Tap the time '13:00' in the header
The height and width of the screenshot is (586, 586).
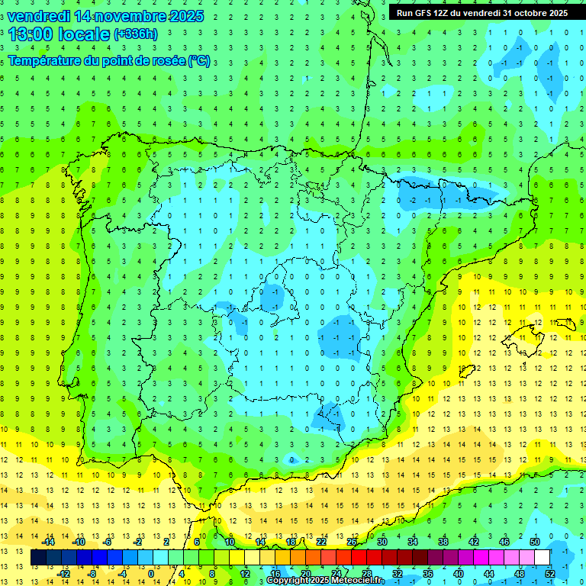click(32, 34)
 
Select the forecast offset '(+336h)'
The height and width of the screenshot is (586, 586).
click(135, 34)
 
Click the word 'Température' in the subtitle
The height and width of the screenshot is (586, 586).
click(45, 60)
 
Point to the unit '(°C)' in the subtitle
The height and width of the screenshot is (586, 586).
click(198, 60)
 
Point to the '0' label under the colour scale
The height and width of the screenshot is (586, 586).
click(150, 574)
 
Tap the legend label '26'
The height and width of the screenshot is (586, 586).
click(352, 541)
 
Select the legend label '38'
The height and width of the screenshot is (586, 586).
click(442, 541)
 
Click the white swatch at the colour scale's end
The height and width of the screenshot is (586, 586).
click(543, 558)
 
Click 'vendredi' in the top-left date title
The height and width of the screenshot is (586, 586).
click(39, 15)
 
